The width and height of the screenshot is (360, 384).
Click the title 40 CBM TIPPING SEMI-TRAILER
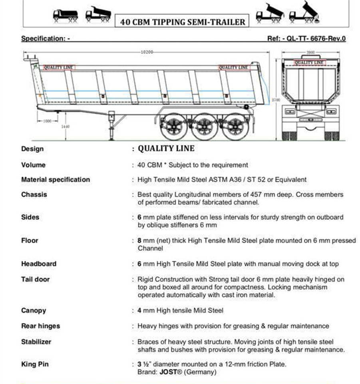click(x=183, y=22)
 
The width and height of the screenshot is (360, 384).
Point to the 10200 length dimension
click(x=147, y=52)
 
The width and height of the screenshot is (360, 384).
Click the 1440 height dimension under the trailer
click(x=66, y=126)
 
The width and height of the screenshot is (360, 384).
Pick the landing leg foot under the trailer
click(x=111, y=138)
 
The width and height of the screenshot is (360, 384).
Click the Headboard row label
click(x=39, y=264)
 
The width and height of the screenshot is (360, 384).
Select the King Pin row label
click(x=35, y=364)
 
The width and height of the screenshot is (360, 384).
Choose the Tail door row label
click(x=36, y=279)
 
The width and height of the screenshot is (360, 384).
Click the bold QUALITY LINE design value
click(x=166, y=148)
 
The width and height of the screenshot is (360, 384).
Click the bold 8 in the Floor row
click(x=139, y=240)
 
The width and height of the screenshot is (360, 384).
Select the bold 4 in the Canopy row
click(x=139, y=310)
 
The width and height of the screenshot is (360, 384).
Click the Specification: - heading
click(x=46, y=38)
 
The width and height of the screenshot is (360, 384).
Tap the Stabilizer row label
click(x=36, y=342)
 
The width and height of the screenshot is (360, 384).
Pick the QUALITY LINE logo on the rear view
click(x=309, y=62)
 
